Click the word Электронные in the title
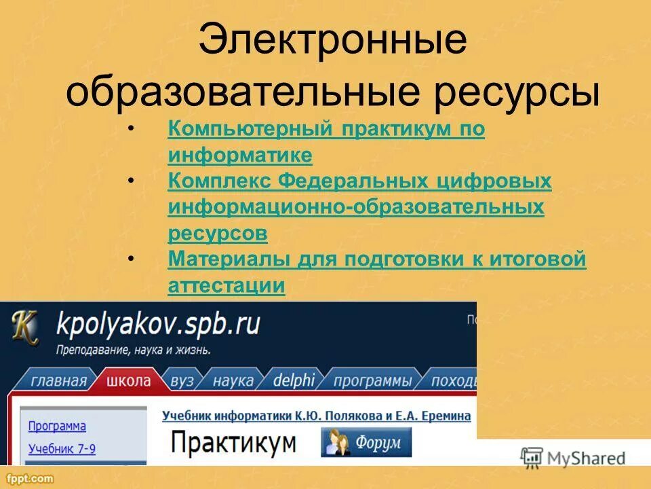pos(332,42)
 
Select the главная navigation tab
pos(59,380)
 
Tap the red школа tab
pos(128,380)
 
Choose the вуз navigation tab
pos(182,380)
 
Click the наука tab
pos(233,380)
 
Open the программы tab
pos(372,380)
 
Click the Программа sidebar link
pos(57,426)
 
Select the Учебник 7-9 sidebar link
pos(62,448)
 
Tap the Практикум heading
pos(233,443)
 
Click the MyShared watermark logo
pos(573,458)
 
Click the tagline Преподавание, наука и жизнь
pos(133,351)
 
